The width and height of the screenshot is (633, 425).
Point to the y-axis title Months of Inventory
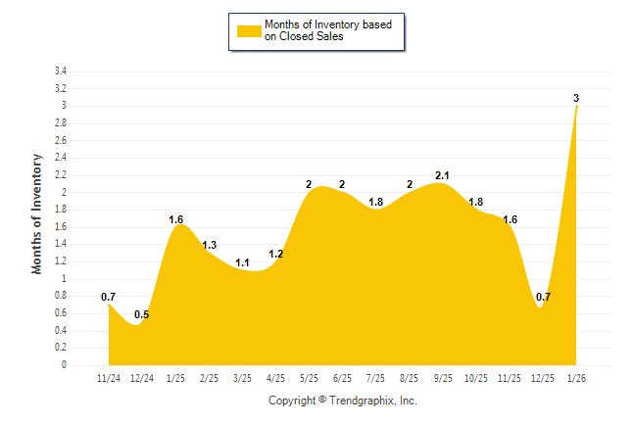(37, 212)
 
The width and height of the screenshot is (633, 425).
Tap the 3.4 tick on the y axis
(61, 71)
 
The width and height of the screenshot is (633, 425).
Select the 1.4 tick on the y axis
(61, 245)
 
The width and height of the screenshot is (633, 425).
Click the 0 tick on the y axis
(64, 365)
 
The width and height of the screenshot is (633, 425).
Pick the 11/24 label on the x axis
(109, 377)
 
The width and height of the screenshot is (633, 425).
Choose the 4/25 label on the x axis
(275, 377)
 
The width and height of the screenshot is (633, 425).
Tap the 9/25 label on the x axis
(442, 377)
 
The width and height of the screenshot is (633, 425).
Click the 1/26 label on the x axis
(575, 377)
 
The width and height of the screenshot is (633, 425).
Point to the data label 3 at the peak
(576, 98)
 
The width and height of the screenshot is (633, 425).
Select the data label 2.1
(442, 175)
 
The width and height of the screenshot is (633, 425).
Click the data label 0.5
(142, 314)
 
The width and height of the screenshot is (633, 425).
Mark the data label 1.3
(210, 245)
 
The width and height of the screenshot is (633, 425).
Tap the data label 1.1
(242, 262)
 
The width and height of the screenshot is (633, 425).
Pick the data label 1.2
(275, 254)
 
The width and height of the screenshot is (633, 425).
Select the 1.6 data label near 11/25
(510, 219)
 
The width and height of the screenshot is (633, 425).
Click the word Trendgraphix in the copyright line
(364, 401)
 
